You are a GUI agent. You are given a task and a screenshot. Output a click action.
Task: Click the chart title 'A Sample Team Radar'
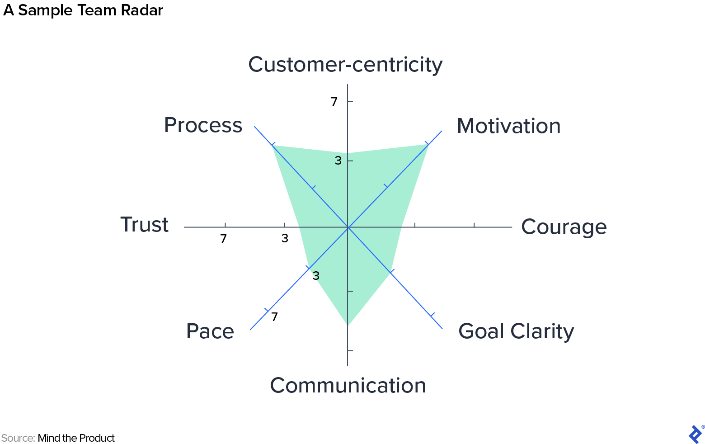pos(83,10)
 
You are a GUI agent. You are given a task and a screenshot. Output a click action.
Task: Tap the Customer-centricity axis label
pos(345,65)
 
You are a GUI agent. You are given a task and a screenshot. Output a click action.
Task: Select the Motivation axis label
pos(508,126)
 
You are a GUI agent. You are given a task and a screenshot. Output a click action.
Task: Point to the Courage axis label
pos(564,227)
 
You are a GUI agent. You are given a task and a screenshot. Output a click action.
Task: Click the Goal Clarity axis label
pos(516,331)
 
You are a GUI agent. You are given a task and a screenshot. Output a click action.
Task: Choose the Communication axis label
pos(348,386)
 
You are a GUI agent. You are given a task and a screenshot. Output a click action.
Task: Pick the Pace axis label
pos(210,331)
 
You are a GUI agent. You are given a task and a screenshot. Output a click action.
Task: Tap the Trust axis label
pos(145,225)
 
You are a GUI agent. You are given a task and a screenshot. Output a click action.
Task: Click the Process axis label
pos(203,125)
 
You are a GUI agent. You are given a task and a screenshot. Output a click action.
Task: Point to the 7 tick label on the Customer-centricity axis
pos(334,102)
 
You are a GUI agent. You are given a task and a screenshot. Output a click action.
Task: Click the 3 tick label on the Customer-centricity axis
pos(338,160)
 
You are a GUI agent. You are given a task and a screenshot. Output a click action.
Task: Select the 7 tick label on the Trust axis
pos(223,239)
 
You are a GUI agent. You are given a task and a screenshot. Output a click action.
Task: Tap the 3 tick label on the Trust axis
pos(285,238)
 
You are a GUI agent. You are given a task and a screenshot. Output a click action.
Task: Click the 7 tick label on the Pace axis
pos(275,317)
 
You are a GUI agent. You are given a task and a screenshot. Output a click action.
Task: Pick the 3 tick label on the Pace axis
pos(316,276)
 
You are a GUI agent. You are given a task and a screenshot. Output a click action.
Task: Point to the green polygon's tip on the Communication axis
pos(348,325)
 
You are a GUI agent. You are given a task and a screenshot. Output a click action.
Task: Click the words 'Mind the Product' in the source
pos(76,438)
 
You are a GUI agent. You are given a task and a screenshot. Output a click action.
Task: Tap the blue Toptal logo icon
pos(695,434)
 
